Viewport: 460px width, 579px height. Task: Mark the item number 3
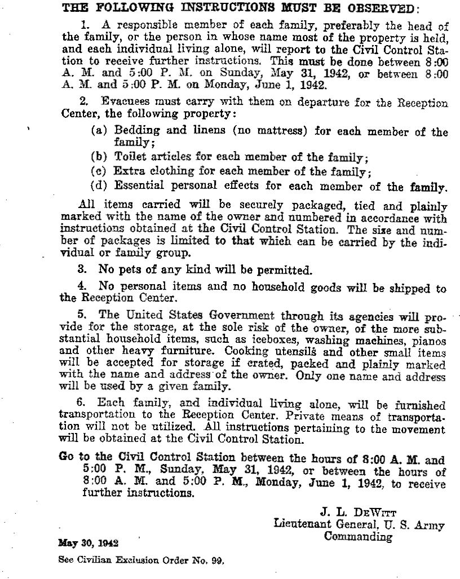point(81,269)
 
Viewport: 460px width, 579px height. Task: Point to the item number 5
point(81,315)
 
